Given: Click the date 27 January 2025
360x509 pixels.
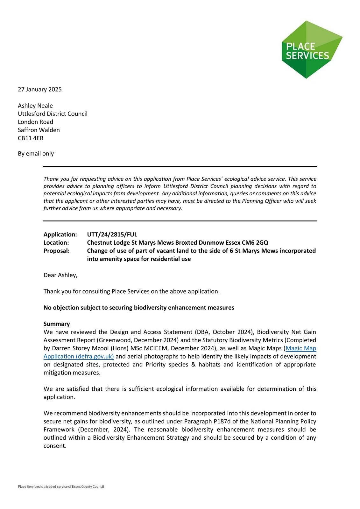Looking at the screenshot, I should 40,89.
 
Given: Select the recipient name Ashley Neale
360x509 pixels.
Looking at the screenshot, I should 35,106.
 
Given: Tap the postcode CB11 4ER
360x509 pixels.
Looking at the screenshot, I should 31,138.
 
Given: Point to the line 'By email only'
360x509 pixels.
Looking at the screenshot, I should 36,154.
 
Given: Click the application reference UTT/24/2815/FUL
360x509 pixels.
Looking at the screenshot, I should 112,234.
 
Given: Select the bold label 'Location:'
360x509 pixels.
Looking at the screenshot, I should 56,243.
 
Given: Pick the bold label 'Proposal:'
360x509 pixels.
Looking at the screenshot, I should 57,251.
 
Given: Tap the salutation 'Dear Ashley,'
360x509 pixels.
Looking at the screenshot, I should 60,275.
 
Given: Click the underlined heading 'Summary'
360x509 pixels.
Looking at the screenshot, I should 57,324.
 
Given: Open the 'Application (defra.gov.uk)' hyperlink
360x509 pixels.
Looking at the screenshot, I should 79,356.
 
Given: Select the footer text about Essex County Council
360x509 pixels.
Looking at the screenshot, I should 61,486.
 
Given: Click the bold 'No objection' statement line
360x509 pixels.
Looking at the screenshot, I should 139,308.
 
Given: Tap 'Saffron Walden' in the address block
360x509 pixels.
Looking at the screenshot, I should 39,130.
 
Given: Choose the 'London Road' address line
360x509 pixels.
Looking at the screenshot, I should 36,122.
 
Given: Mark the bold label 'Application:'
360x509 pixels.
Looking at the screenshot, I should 60,234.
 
